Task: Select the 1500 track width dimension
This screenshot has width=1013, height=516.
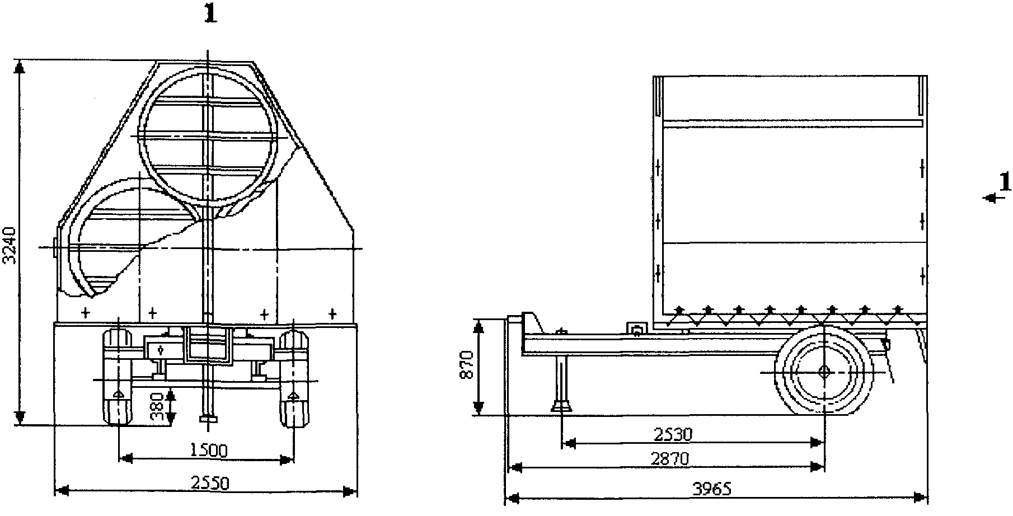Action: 208,450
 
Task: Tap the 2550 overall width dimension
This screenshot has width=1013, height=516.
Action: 209,483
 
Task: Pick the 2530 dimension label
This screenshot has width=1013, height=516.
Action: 673,434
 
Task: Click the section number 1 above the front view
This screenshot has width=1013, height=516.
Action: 210,14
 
